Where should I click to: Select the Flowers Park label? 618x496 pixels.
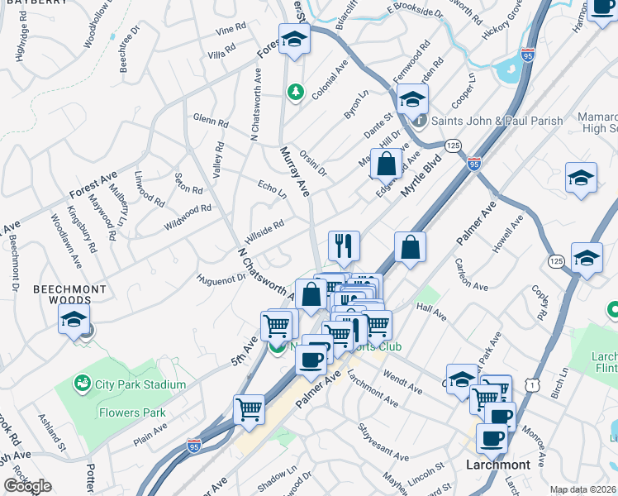coord(132,413)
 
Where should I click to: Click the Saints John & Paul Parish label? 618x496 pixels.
coord(498,121)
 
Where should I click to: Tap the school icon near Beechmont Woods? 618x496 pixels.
coord(74,321)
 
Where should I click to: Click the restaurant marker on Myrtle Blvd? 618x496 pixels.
coord(344,246)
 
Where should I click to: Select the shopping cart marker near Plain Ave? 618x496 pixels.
coord(249,409)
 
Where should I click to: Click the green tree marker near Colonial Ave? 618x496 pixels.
coord(294,91)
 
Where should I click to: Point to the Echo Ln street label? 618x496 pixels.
coord(272,189)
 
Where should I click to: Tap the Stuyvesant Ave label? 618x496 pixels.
coord(383,443)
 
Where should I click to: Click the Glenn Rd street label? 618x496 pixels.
coord(210,120)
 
